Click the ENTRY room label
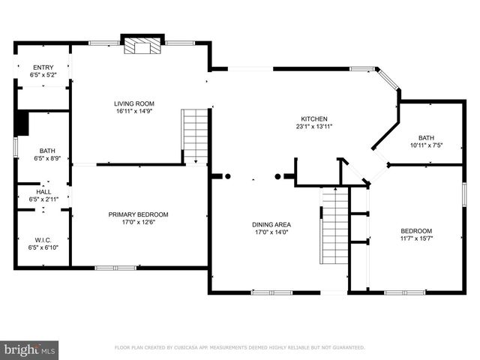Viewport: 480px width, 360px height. (43, 67)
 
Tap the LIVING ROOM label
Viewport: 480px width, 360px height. (133, 103)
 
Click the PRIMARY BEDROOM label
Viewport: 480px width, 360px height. (138, 214)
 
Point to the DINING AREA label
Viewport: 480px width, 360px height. (271, 224)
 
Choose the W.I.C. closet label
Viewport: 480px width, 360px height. (43, 240)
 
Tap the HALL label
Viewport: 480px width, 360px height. (43, 192)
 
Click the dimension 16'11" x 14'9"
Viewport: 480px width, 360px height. (133, 111)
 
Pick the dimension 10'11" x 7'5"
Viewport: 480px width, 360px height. (426, 145)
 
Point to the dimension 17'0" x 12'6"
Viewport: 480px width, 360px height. (138, 222)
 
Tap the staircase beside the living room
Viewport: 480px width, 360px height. (195, 135)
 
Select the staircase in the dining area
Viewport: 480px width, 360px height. (332, 225)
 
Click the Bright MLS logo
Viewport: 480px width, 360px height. (30, 349)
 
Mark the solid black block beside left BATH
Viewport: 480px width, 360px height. (21, 123)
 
